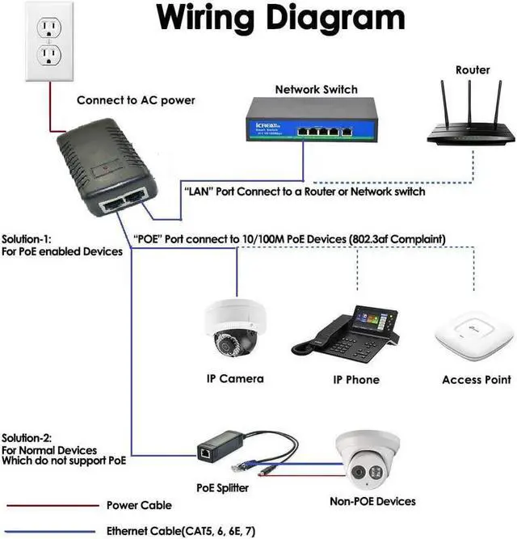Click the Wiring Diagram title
[280, 19]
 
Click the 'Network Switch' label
[316, 90]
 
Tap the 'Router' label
[473, 70]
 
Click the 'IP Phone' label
[356, 380]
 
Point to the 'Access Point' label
[476, 380]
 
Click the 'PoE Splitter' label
[223, 488]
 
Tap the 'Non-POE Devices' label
[372, 502]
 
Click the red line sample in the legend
[48, 505]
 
